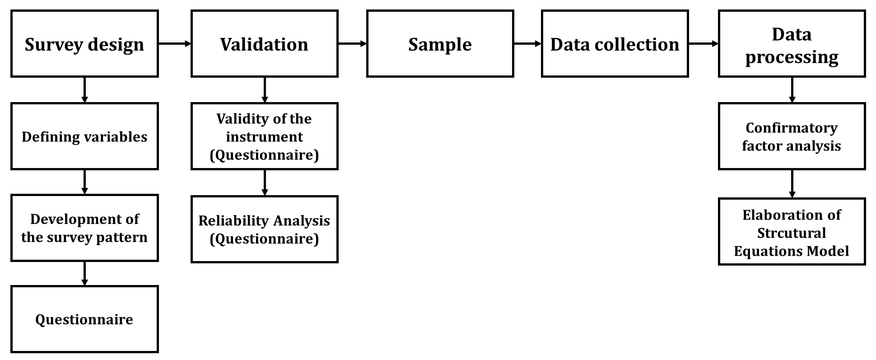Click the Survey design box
84,44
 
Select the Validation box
264,44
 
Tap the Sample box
440,44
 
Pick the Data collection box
615,44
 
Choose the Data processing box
792,44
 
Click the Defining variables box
84,136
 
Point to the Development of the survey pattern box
84,228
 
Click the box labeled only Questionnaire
84,319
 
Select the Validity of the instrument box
264,136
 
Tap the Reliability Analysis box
264,229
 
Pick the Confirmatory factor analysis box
792,136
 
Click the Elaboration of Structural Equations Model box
792,232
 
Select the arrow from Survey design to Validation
175,44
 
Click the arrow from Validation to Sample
352,44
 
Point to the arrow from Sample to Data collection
527,44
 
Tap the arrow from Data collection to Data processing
704,44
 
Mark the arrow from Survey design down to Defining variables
84,90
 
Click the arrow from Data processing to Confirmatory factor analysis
792,90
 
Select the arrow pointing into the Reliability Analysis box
264,182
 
